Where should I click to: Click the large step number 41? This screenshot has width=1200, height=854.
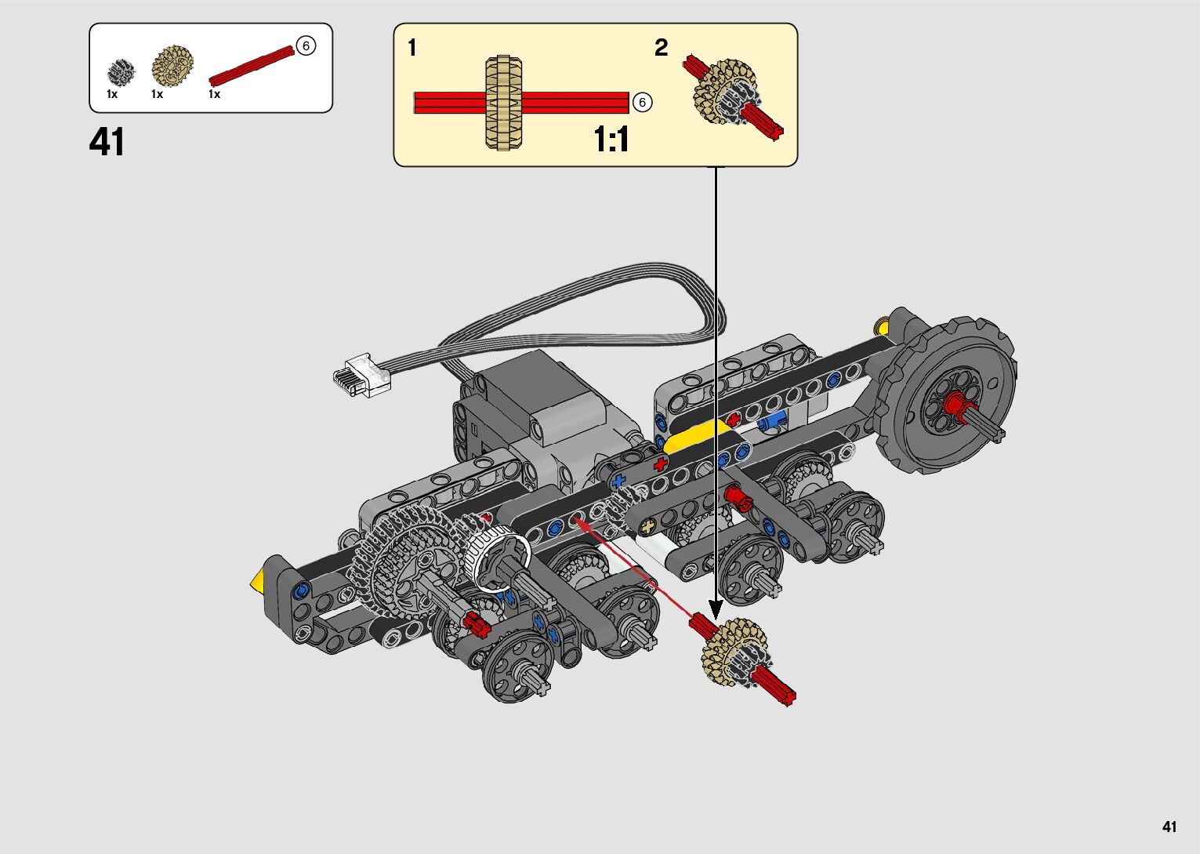(x=107, y=141)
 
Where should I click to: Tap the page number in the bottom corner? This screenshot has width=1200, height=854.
(x=1169, y=827)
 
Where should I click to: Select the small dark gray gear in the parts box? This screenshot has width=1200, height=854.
(x=121, y=72)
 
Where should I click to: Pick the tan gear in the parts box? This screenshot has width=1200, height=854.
(x=172, y=67)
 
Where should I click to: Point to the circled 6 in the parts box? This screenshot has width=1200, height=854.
(x=306, y=45)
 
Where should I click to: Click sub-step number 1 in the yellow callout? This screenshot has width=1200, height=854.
(x=412, y=47)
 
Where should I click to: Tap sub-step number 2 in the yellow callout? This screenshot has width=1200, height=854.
(x=661, y=47)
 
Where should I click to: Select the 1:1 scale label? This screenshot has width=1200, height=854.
(x=611, y=140)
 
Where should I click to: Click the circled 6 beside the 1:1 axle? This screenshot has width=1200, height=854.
(x=642, y=102)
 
